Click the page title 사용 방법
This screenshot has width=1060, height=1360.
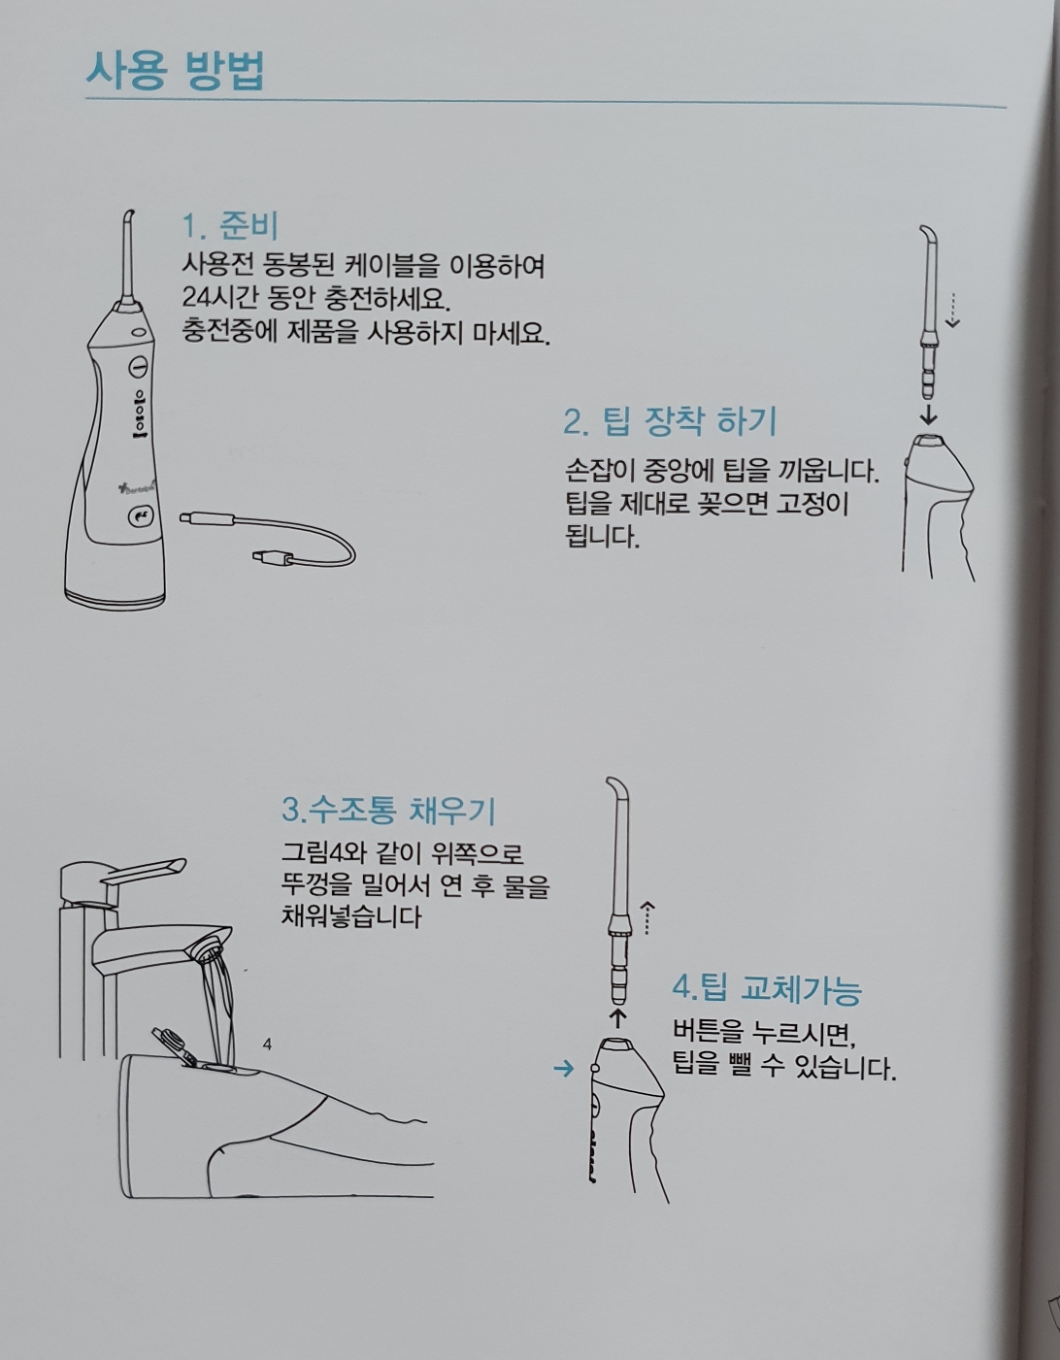click(x=175, y=71)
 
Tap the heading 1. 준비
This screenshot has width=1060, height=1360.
click(x=230, y=226)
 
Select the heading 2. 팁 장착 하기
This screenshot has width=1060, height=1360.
click(x=670, y=422)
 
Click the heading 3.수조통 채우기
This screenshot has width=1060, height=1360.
click(x=388, y=810)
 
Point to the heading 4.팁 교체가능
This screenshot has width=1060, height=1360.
click(x=767, y=989)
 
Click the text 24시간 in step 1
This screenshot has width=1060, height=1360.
click(x=219, y=298)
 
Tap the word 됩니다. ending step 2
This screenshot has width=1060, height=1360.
click(x=603, y=537)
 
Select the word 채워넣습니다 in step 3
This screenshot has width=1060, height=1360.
click(x=351, y=917)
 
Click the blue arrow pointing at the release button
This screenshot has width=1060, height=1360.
click(x=564, y=1069)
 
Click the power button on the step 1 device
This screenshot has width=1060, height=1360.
click(x=138, y=366)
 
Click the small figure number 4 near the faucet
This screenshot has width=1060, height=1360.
click(x=267, y=1044)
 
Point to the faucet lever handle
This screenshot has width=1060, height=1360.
click(x=145, y=872)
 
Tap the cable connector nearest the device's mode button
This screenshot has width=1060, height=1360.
click(x=207, y=518)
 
